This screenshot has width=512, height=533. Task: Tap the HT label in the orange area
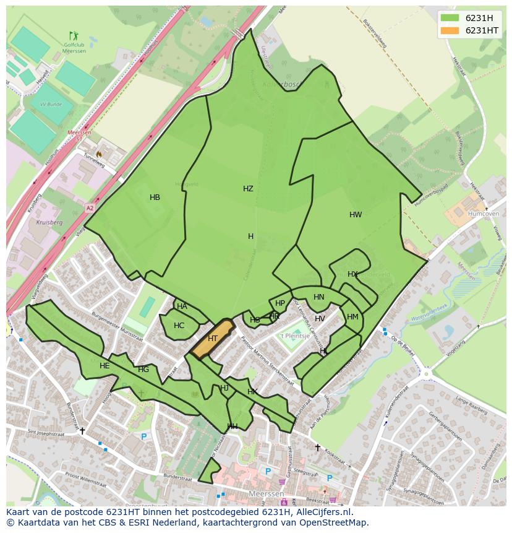[x=213, y=339]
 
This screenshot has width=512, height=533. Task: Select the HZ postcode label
[x=248, y=189]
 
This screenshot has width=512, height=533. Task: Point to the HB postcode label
[x=155, y=197]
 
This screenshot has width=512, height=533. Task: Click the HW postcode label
[x=356, y=215]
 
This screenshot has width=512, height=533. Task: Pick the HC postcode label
[x=179, y=326]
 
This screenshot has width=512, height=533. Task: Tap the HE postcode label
[x=105, y=366]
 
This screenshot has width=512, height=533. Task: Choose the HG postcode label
[x=143, y=370]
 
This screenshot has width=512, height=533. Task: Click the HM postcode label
[x=352, y=317]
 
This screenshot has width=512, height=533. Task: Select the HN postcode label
[x=318, y=297]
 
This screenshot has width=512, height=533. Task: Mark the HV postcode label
[x=320, y=319]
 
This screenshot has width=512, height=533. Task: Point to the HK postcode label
[x=252, y=392]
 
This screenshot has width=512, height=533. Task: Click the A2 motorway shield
[x=90, y=208]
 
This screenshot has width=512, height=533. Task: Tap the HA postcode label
[x=182, y=306]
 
